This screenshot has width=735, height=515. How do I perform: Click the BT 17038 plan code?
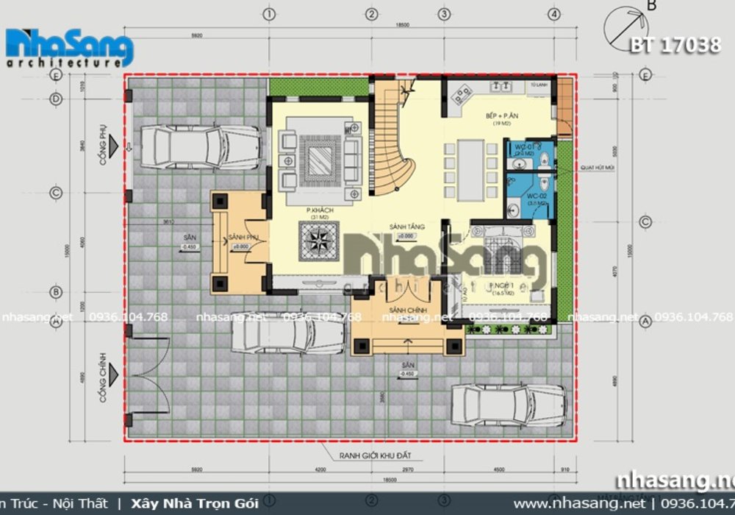675,46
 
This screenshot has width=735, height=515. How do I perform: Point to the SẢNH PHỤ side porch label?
243,238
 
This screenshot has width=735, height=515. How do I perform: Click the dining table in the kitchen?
470,170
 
